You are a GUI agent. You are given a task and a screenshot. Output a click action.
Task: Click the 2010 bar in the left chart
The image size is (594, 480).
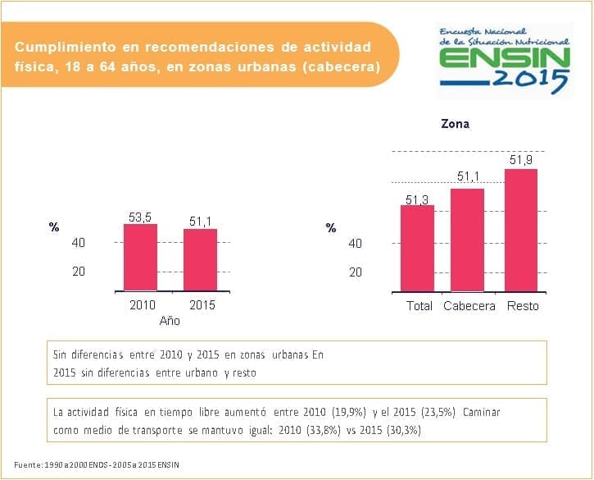(x=140, y=257)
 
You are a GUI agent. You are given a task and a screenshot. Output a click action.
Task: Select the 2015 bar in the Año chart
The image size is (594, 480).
(x=200, y=259)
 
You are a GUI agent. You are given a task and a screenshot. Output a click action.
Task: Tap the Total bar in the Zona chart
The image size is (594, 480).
(x=418, y=248)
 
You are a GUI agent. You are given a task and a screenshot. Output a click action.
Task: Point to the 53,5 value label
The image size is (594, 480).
(x=140, y=217)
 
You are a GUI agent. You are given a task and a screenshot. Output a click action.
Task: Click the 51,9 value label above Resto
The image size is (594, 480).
(x=520, y=161)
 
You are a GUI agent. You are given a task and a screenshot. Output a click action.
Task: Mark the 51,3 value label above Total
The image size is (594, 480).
(x=418, y=199)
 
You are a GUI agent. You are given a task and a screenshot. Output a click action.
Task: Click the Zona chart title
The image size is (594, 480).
(x=455, y=125)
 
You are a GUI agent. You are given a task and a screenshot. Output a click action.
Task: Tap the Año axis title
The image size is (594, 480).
(x=170, y=321)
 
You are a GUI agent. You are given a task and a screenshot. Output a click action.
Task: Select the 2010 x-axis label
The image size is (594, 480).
(x=143, y=305)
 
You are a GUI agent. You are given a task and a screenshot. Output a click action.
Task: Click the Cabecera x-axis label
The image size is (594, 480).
(x=469, y=306)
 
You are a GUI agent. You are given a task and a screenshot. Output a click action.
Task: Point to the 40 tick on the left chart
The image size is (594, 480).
(x=79, y=243)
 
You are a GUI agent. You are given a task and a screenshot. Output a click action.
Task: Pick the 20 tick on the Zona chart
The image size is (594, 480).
(x=356, y=272)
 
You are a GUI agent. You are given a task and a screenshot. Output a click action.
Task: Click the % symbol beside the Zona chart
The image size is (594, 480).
(x=331, y=228)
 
